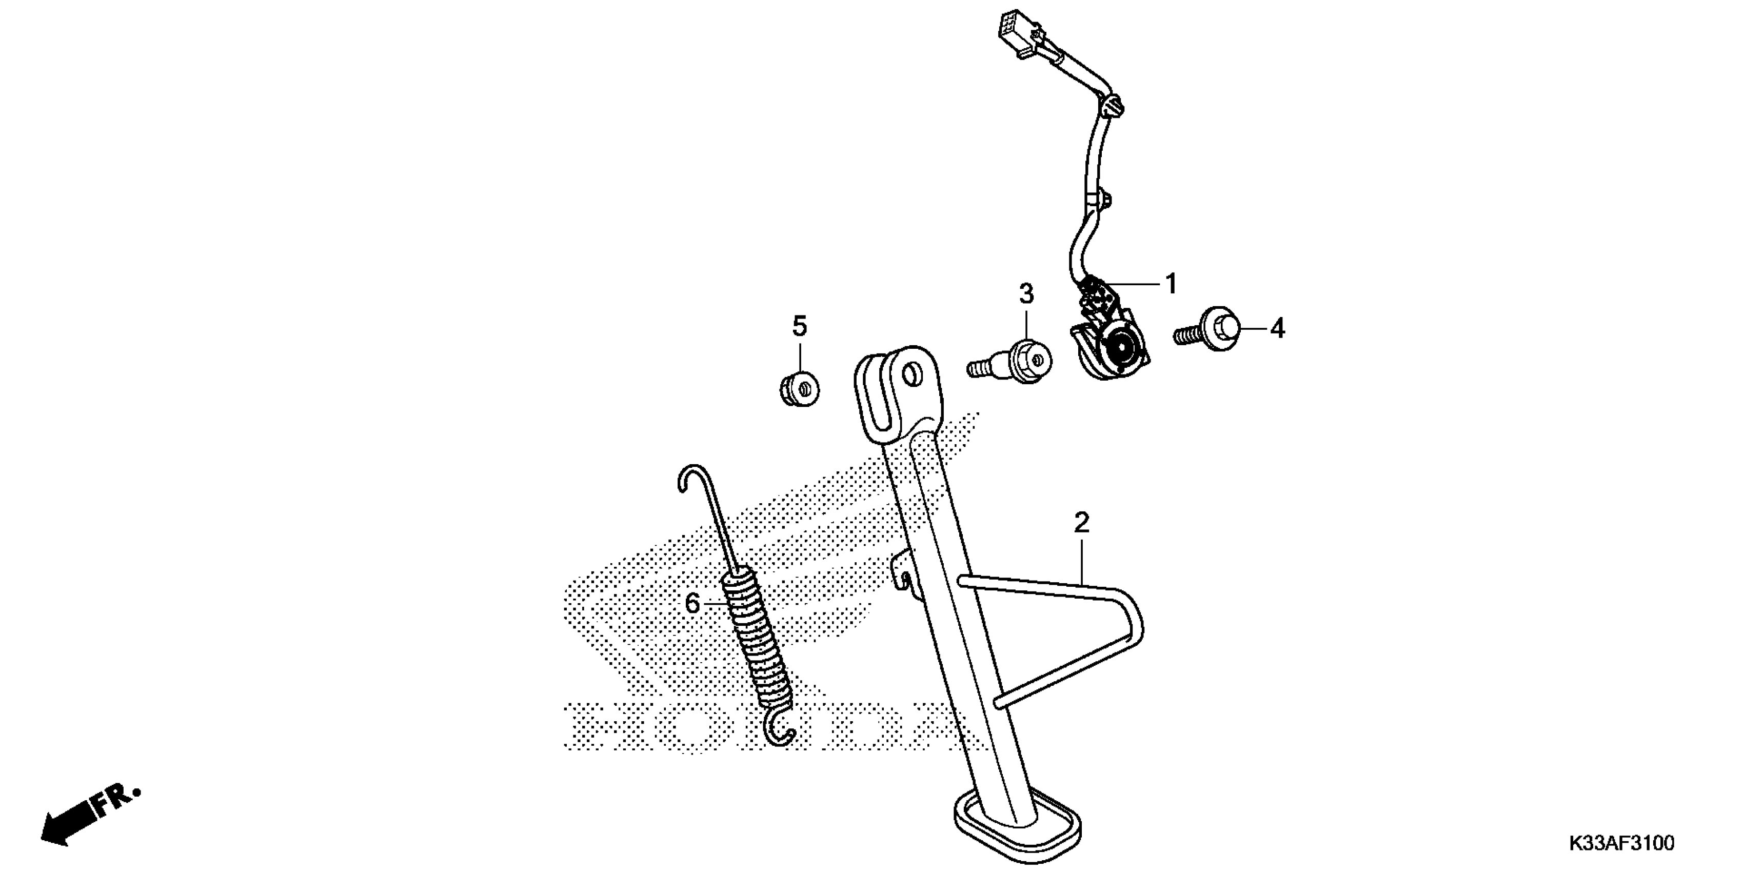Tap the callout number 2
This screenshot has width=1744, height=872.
[1081, 523]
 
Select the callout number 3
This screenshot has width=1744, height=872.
[1026, 294]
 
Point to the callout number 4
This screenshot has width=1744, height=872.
[1277, 329]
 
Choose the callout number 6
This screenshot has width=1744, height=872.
[692, 603]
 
